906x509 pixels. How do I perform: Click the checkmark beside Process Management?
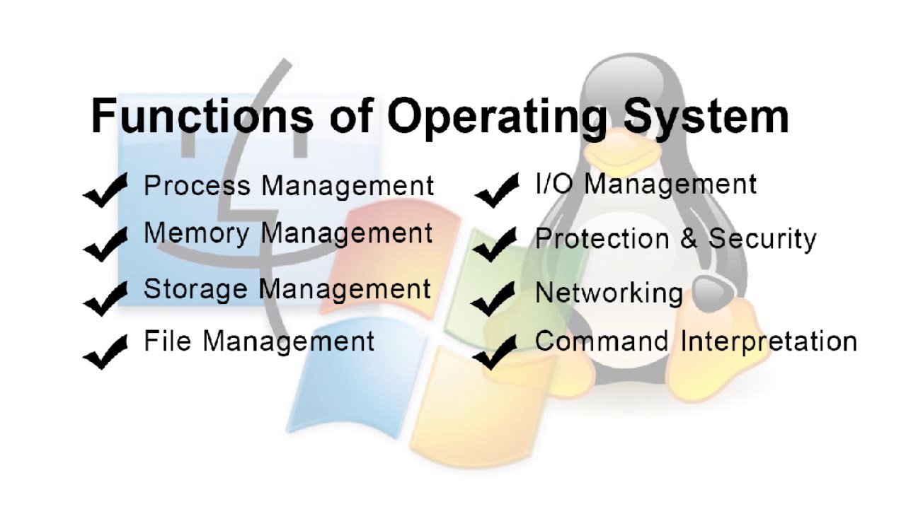105,189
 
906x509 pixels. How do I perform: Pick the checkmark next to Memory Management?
105,242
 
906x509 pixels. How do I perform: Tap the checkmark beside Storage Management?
105,297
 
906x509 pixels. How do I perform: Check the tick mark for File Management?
105,351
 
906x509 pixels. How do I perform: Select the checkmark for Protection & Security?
495,244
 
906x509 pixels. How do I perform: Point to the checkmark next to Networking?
493,298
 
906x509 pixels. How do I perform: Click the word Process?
197,186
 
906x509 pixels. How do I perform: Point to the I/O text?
556,184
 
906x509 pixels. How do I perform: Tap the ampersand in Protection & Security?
689,239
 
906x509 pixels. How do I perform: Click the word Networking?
609,293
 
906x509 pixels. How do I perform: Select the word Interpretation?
769,341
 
